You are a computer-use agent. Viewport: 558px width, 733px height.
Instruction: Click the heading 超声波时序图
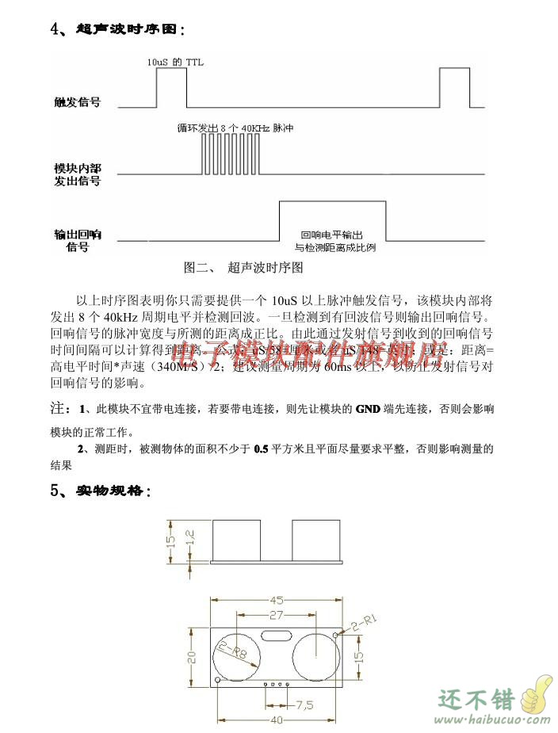coord(130,29)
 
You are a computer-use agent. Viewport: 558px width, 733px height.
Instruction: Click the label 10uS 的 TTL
coord(175,60)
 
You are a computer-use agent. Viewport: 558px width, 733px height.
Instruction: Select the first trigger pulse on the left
coord(169,87)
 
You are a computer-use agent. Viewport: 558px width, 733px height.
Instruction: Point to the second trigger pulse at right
coord(453,87)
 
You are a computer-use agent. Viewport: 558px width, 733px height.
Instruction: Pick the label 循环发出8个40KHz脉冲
coord(230,127)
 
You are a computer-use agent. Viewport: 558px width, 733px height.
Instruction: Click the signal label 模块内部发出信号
coord(77,174)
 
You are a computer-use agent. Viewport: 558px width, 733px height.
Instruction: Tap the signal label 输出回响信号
coord(77,240)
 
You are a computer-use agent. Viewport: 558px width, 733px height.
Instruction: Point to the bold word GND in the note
coord(367,409)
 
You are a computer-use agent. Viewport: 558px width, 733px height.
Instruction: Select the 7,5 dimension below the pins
coord(304,704)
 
